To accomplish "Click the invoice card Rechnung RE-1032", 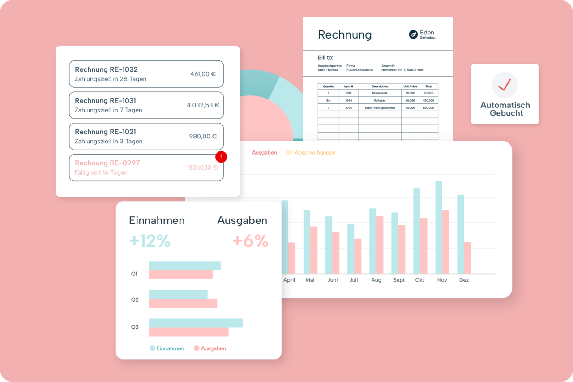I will coord(146,74).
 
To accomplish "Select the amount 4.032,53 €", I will coord(203,105).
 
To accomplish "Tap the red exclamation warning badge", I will coord(221,157).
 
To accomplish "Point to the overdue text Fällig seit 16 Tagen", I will coord(101,172).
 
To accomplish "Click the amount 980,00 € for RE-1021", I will coord(203,137).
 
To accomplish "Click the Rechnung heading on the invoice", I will coord(345,34).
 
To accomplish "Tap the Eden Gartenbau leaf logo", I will coord(413,34).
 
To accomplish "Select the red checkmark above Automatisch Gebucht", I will coord(505,85).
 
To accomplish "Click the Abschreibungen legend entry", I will coord(315,152).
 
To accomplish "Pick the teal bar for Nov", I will coord(439,227).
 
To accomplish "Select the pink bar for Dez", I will coord(467,258).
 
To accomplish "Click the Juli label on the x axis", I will coord(354,280).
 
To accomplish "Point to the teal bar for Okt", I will coord(417,231).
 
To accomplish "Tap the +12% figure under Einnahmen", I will coord(150,241).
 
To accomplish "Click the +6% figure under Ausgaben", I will coord(250,241).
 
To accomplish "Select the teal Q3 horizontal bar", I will coord(196,323).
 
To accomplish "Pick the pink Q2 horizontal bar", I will coord(183,303).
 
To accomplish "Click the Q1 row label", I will coord(134,274).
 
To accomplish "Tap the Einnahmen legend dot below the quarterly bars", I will coord(152,348).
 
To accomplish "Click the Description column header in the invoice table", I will coord(380,86).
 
